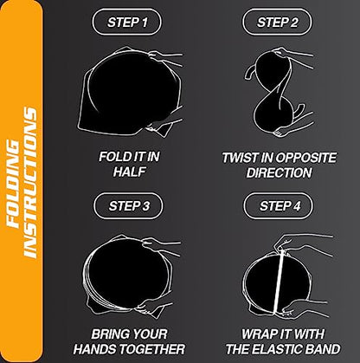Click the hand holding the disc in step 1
[173, 57]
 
